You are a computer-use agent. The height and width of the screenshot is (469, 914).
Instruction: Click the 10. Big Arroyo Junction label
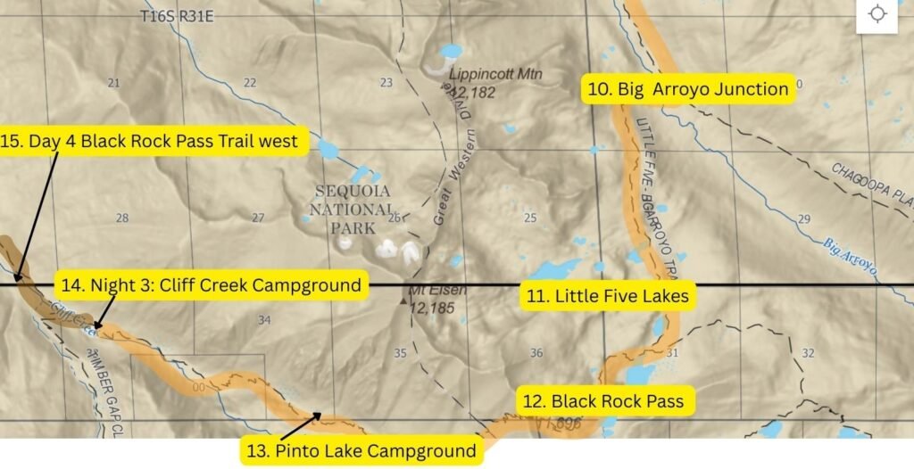[x=688, y=89]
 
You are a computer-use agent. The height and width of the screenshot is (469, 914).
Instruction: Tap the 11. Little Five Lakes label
[x=608, y=296]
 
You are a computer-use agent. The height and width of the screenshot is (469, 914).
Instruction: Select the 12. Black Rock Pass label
[x=603, y=401]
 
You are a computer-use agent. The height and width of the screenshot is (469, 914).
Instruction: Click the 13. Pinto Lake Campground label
[x=361, y=450]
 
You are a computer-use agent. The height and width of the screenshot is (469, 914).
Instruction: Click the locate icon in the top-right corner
[x=877, y=15]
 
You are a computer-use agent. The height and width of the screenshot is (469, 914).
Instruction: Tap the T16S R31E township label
[x=178, y=17]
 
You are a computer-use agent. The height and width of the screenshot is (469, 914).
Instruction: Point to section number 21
[x=113, y=83]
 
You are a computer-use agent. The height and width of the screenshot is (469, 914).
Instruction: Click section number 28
[x=122, y=218]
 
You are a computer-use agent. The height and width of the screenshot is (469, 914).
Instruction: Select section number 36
[x=536, y=353]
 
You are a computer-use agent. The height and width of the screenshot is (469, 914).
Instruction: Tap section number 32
[x=808, y=353]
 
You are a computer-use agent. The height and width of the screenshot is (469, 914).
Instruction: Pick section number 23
[x=386, y=83]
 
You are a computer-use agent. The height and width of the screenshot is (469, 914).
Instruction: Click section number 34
[x=263, y=320]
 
